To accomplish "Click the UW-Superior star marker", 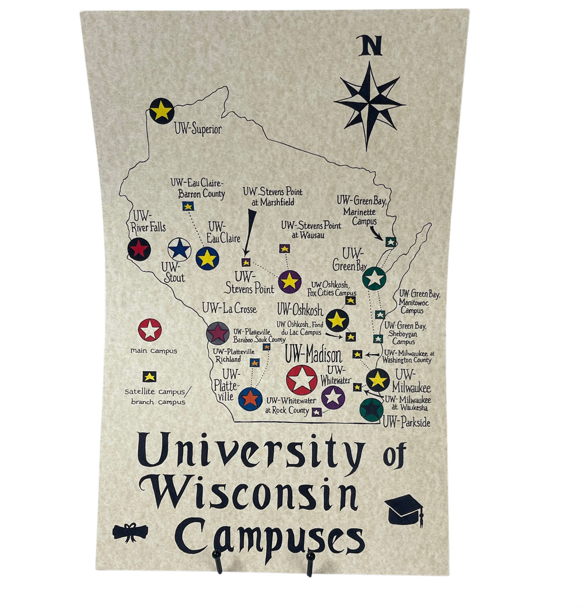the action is pyautogui.click(x=162, y=110).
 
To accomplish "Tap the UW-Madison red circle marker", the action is pyautogui.click(x=301, y=380).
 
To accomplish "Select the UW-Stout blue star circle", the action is pyautogui.click(x=179, y=249).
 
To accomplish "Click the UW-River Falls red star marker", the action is pyautogui.click(x=139, y=249).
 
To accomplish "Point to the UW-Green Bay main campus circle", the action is pyautogui.click(x=374, y=279).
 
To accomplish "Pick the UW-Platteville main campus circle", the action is pyautogui.click(x=250, y=398).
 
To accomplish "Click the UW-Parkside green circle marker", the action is pyautogui.click(x=371, y=410).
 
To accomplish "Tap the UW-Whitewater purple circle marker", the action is pyautogui.click(x=333, y=396).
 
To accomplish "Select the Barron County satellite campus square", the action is pyautogui.click(x=188, y=206).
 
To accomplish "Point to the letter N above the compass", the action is pyautogui.click(x=370, y=46).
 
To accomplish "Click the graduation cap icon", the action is pyautogui.click(x=404, y=509).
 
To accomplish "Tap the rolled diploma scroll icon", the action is pyautogui.click(x=130, y=532).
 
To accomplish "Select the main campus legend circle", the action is pyautogui.click(x=150, y=330).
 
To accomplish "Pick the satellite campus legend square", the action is pyautogui.click(x=149, y=376).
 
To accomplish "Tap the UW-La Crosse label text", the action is pyautogui.click(x=229, y=309).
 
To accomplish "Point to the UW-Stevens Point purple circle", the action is pyautogui.click(x=289, y=281).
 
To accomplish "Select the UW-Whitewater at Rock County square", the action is pyautogui.click(x=316, y=412).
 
